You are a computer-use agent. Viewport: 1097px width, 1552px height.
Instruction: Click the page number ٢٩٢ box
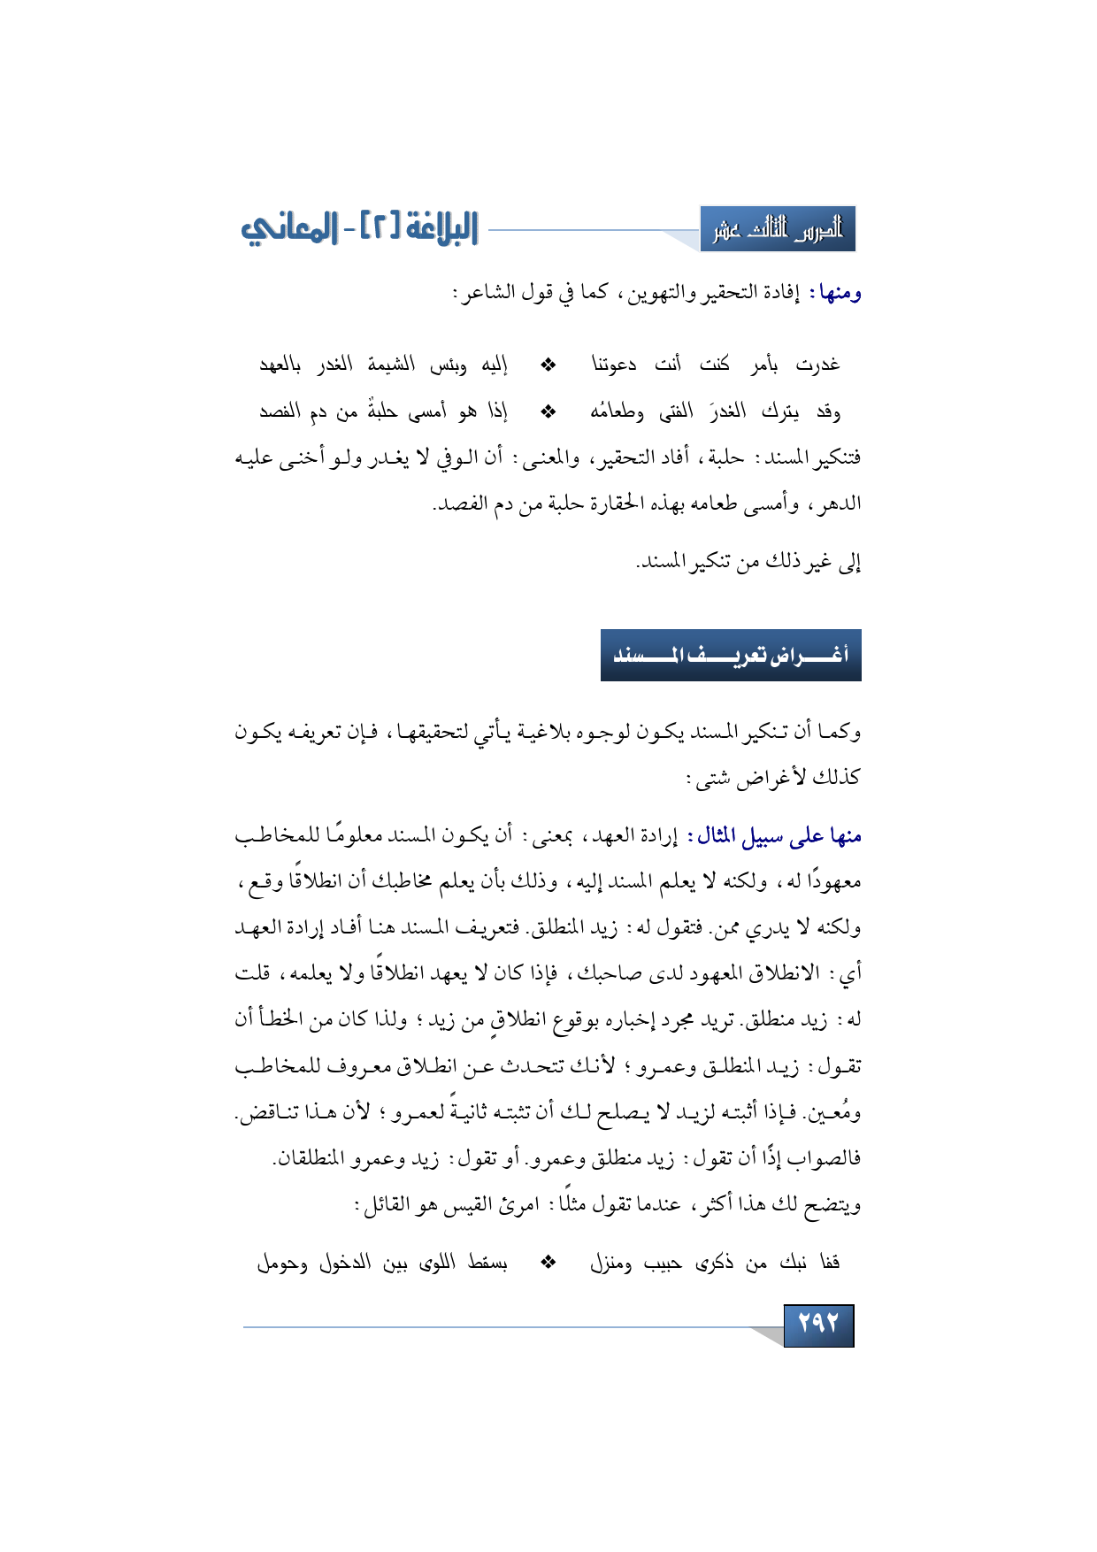[818, 1325]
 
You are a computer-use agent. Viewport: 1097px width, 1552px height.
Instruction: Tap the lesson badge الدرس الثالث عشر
[778, 230]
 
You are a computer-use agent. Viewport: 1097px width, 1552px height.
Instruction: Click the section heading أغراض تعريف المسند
[731, 656]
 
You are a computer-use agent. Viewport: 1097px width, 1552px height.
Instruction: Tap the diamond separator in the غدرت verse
[548, 365]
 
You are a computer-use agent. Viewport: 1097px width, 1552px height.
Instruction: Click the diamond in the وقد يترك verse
[548, 411]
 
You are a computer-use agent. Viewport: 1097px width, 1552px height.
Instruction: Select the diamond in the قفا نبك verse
[548, 1264]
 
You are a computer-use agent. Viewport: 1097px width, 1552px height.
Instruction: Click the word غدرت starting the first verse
[817, 365]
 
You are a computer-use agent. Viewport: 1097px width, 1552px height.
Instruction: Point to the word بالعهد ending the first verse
[280, 365]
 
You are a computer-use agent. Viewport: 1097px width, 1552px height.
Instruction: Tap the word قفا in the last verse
[829, 1264]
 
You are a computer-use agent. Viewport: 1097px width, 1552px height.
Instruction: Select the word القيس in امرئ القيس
[484, 1204]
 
